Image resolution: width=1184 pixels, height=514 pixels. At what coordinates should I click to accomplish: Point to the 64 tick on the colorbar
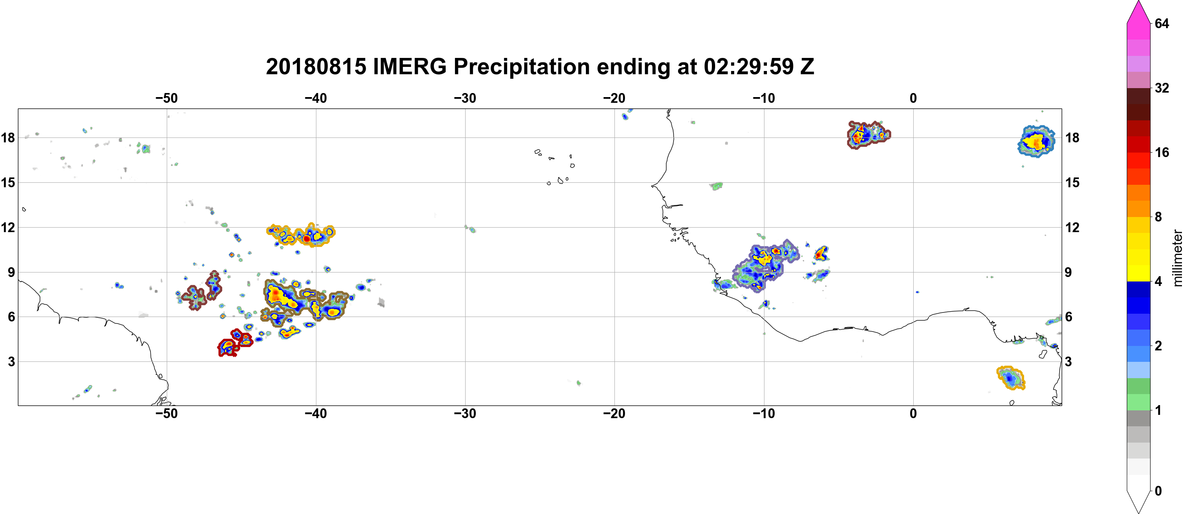pyautogui.click(x=1162, y=23)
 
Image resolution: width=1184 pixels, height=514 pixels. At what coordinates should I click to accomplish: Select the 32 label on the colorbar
pyautogui.click(x=1162, y=88)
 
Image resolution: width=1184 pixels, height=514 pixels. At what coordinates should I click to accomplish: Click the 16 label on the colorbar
pyautogui.click(x=1162, y=152)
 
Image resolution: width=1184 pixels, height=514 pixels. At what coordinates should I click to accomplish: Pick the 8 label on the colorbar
pyautogui.click(x=1158, y=217)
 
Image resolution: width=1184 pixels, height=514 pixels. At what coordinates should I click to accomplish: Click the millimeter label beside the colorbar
pyautogui.click(x=1177, y=258)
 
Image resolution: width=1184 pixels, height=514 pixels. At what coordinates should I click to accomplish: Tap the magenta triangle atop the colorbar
pyautogui.click(x=1138, y=11)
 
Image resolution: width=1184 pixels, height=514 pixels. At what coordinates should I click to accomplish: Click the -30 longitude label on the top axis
pyautogui.click(x=465, y=98)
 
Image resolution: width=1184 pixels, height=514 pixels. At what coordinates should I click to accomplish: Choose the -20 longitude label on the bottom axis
pyautogui.click(x=614, y=413)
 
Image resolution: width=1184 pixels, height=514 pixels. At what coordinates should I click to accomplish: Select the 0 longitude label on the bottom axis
pyautogui.click(x=913, y=413)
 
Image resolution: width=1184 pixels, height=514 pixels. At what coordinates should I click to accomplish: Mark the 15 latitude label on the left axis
pyautogui.click(x=8, y=182)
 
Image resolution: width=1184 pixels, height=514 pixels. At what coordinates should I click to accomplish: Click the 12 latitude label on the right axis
pyautogui.click(x=1072, y=227)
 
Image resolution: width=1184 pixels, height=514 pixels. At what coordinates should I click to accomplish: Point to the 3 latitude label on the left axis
pyautogui.click(x=11, y=361)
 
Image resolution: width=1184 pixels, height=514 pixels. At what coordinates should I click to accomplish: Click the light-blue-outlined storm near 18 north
pyautogui.click(x=1036, y=141)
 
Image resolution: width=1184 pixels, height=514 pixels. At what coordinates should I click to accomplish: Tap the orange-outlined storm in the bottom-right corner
pyautogui.click(x=1011, y=378)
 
